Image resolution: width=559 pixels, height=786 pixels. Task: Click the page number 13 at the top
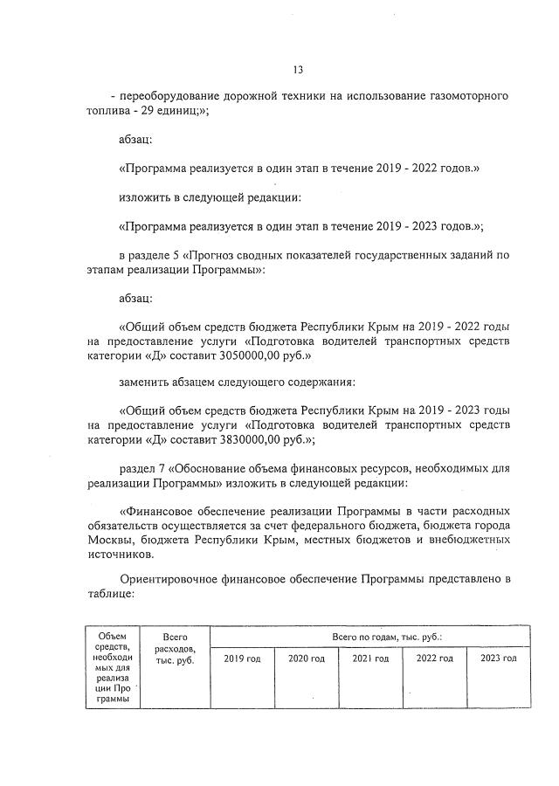(298, 70)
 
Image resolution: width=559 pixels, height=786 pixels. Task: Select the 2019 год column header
(242, 658)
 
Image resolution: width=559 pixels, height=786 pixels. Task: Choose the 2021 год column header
(370, 658)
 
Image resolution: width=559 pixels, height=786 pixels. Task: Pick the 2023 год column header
(498, 658)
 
